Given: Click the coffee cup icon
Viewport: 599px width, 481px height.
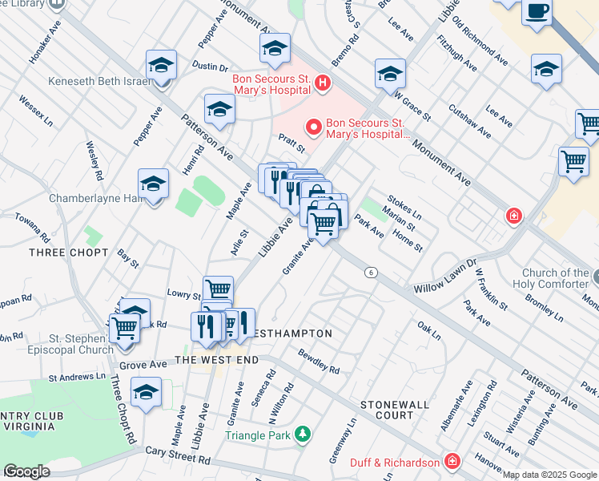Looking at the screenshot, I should (x=537, y=13).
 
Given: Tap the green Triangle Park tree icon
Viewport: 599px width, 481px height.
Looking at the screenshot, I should (x=303, y=435).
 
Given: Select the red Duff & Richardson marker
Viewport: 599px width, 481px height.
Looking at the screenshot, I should (x=452, y=463).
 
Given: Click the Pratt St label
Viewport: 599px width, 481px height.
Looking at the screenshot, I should (x=292, y=143).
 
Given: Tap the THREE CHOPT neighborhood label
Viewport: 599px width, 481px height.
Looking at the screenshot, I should (x=68, y=253).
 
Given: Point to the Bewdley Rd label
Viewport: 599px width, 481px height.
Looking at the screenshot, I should (x=319, y=361).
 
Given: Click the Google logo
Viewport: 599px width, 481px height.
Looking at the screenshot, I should (x=26, y=471).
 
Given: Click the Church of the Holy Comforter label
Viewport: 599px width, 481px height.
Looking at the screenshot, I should (x=555, y=277).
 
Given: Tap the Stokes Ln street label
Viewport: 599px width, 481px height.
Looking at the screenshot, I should (x=404, y=207).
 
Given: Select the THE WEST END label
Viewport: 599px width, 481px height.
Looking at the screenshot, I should (x=216, y=361).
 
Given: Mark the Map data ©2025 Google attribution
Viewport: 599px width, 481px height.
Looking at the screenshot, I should (x=549, y=475).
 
